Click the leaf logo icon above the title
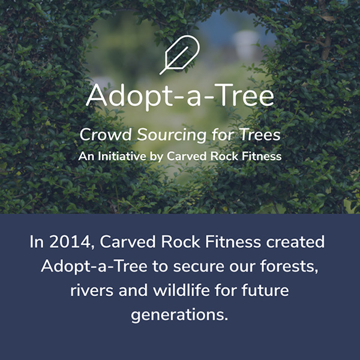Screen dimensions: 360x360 coord(179,55)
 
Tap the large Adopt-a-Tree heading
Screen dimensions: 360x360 coord(180,96)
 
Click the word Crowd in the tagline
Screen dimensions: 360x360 coord(106,134)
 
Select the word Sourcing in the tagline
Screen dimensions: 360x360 coord(172,135)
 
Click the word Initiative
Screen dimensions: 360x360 coord(122,157)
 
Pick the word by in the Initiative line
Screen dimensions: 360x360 coord(157,157)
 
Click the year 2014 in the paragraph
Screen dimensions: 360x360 coord(70,242)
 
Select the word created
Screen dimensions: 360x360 coord(295,242)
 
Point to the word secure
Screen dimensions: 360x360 coord(199,266)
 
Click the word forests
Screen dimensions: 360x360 coord(289,266)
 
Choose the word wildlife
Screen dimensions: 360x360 coord(181,290)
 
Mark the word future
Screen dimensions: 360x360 coord(265,290)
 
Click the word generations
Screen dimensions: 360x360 coord(179,315)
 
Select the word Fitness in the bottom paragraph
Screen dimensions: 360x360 coord(233,242)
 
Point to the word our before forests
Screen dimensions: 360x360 coord(242,268)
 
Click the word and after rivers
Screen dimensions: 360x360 coord(133,290)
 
